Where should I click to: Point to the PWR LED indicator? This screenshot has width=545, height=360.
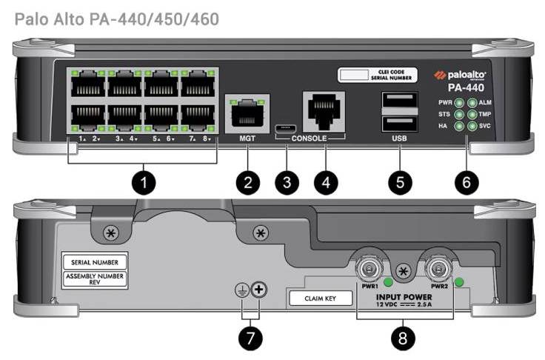pyautogui.click(x=459, y=103)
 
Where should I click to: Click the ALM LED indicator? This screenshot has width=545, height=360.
pyautogui.click(x=471, y=103)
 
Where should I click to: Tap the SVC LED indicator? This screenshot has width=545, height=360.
pyautogui.click(x=471, y=127)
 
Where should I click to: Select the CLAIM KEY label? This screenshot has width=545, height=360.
pyautogui.click(x=317, y=299)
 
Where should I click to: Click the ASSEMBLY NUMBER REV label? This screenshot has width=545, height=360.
pyautogui.click(x=96, y=279)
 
